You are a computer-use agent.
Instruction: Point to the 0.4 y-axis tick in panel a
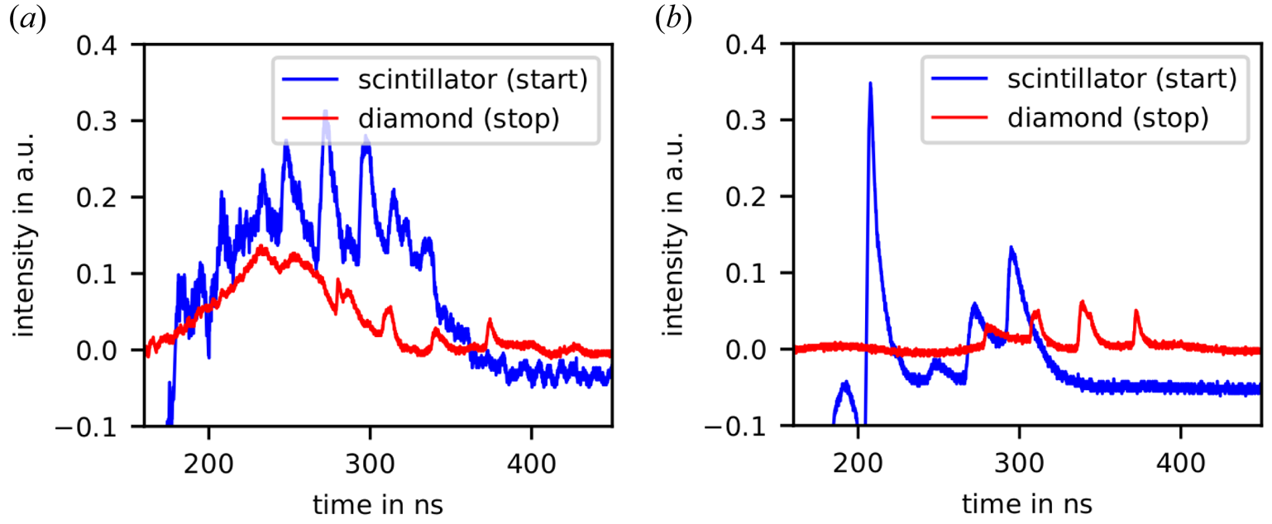click(97, 45)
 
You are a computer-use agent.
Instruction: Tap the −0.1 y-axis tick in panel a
click(86, 427)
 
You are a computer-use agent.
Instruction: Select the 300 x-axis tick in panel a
click(370, 464)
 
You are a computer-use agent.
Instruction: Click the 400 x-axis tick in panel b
click(1180, 464)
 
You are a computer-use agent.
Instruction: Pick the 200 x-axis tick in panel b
click(858, 464)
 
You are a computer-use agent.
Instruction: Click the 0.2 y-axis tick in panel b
click(746, 197)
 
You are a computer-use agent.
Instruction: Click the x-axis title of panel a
click(378, 504)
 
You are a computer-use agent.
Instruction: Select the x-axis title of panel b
click(1027, 503)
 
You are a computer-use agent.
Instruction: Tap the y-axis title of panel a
click(24, 235)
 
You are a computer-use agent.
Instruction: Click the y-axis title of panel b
click(673, 235)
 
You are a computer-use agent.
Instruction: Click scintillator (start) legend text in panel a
click(473, 79)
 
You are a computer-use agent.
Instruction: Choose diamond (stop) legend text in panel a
click(459, 119)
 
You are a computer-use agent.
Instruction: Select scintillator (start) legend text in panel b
click(1122, 79)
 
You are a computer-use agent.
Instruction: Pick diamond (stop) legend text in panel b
click(1108, 118)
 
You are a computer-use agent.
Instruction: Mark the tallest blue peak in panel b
click(870, 83)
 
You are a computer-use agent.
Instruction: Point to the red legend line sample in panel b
click(960, 117)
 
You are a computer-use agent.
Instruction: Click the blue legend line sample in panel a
click(311, 79)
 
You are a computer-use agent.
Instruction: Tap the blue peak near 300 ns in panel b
click(1011, 248)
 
